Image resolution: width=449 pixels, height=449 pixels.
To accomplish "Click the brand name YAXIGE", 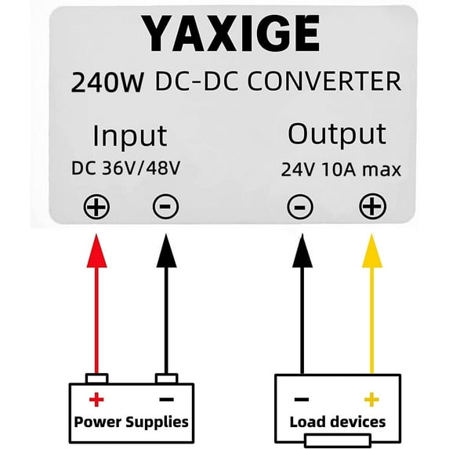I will [232, 35].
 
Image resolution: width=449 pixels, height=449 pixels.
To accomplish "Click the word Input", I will [129, 136].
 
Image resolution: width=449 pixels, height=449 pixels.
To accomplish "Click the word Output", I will [336, 134].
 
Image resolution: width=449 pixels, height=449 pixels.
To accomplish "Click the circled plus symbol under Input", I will [97, 207].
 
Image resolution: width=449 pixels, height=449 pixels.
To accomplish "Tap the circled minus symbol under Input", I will [165, 207].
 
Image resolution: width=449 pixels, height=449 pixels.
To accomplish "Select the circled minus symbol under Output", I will [300, 207].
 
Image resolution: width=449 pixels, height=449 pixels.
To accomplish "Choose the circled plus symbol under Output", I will [372, 207].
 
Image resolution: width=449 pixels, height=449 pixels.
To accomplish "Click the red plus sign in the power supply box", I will [96, 400].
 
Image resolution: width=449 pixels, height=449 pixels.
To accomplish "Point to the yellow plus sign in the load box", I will [371, 400].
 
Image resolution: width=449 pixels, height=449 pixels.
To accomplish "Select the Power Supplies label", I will [131, 422].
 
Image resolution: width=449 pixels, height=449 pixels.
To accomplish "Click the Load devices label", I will [337, 422].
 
